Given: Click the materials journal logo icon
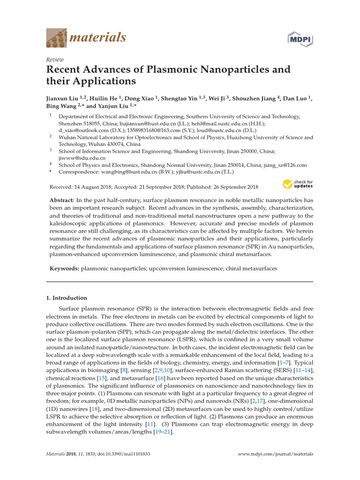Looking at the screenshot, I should (56, 37).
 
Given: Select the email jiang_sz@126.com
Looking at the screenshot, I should (285, 165).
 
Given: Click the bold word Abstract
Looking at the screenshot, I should (62, 200).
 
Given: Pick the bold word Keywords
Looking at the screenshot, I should (64, 269).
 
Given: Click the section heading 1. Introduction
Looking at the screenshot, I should (67, 298).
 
